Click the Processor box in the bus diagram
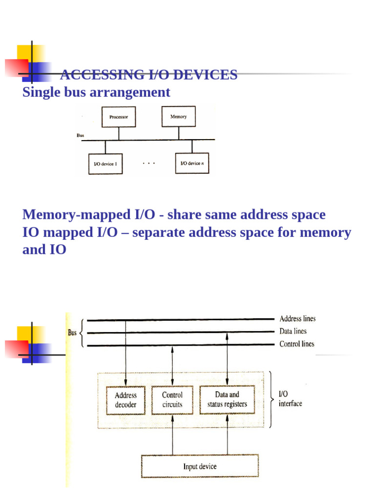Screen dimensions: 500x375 [x=119, y=117]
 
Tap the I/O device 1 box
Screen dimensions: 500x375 [x=105, y=164]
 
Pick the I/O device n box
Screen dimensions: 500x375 [x=192, y=164]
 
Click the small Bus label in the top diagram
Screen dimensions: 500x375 [x=81, y=135]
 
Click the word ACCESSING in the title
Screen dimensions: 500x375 [x=92, y=75]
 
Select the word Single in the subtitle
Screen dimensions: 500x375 [x=41, y=92]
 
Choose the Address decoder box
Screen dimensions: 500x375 [x=125, y=400]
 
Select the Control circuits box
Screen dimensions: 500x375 [x=172, y=400]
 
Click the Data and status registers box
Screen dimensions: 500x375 [x=228, y=400]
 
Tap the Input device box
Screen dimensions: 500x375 [x=200, y=466]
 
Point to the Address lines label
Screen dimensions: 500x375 [x=297, y=319]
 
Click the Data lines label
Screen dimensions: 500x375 [x=293, y=332]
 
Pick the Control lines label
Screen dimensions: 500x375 [x=296, y=344]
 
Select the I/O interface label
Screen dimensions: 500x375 [x=290, y=398]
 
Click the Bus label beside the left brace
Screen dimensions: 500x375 [x=72, y=333]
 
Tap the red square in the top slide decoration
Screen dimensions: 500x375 [x=16, y=68]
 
